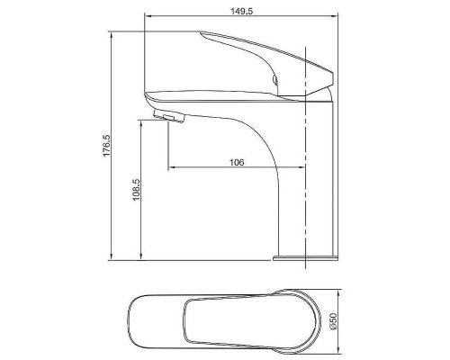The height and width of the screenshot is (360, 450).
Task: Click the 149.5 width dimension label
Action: pos(241,11)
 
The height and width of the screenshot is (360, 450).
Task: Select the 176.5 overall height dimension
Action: pos(107,146)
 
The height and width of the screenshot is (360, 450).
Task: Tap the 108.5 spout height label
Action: pos(137,190)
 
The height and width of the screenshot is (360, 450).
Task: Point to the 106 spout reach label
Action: pos(237,162)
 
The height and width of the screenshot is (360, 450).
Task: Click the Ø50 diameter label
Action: pos(333,320)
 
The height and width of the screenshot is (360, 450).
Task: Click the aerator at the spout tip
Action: pos(168,116)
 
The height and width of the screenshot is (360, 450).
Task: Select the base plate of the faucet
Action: pos(305,258)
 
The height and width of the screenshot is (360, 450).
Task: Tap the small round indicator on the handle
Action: pos(274,79)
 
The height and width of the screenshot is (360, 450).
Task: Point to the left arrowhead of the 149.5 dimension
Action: pos(147,15)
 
